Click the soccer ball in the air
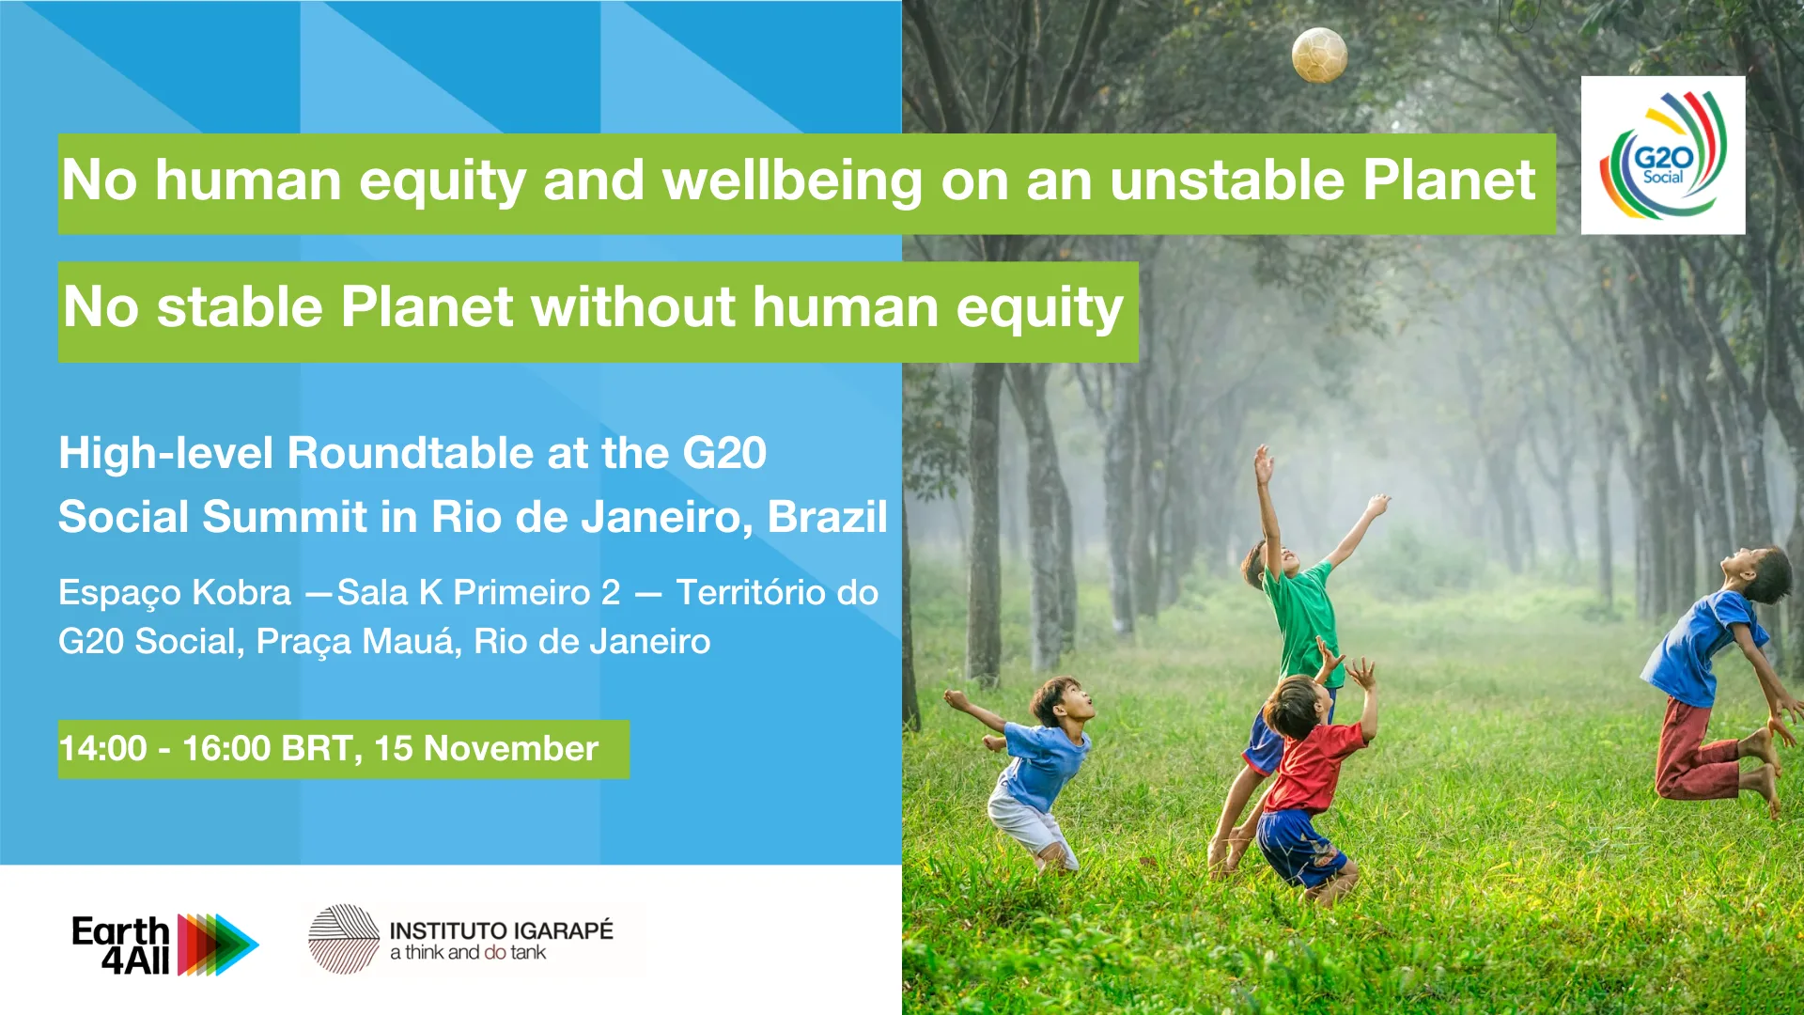click(x=1319, y=55)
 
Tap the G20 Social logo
click(x=1663, y=155)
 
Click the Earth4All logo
click(x=165, y=945)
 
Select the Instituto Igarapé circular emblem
click(x=344, y=939)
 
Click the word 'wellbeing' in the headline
click(x=792, y=180)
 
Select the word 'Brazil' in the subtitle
click(x=827, y=516)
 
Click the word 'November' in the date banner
click(x=511, y=749)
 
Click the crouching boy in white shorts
click(x=1029, y=771)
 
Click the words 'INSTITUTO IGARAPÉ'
click(x=501, y=930)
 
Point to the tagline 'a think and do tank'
click(x=468, y=953)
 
